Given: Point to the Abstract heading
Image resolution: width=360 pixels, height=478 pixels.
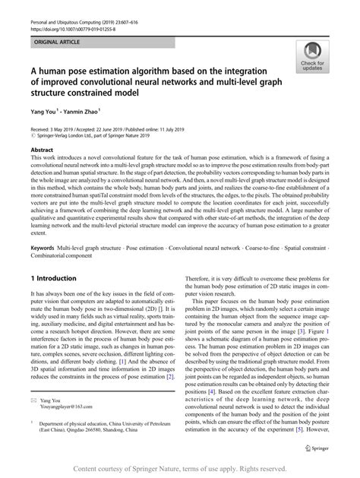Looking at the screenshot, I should coord(41,150).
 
